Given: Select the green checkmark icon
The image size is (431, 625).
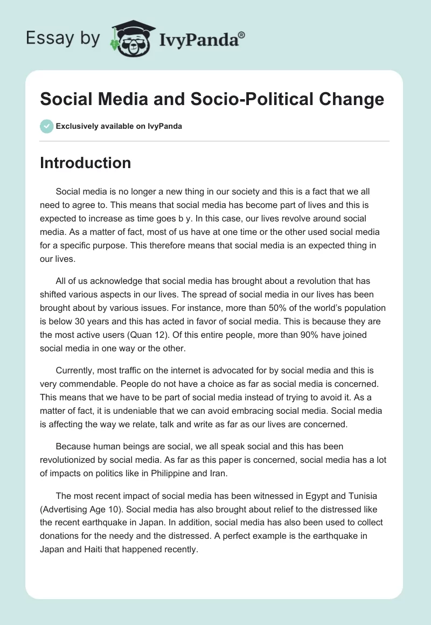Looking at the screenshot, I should coord(46,126).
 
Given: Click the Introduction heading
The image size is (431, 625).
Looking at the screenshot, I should coord(85,163).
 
